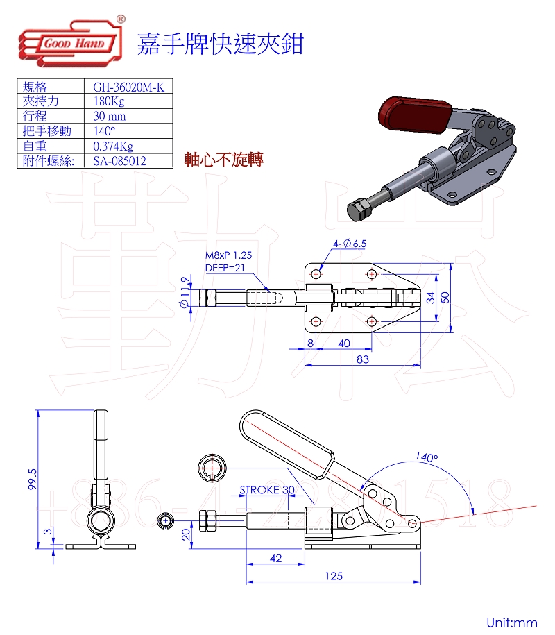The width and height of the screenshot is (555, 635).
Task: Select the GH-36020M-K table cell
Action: coord(128,87)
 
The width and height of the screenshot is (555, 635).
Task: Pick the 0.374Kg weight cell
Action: coord(112,146)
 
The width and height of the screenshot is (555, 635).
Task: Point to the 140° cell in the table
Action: coord(104,131)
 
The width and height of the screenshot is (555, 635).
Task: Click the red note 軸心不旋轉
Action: coord(223,160)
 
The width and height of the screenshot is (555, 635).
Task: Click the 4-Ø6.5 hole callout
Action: coord(349,244)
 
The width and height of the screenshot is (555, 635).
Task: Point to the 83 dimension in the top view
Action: coord(362,359)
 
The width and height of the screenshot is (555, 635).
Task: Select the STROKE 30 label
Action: coord(267,490)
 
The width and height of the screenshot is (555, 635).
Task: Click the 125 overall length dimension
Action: coord(333,575)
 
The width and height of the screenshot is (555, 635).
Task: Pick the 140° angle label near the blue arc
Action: coord(427,457)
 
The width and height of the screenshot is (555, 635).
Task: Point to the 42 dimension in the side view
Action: coord(275,557)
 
